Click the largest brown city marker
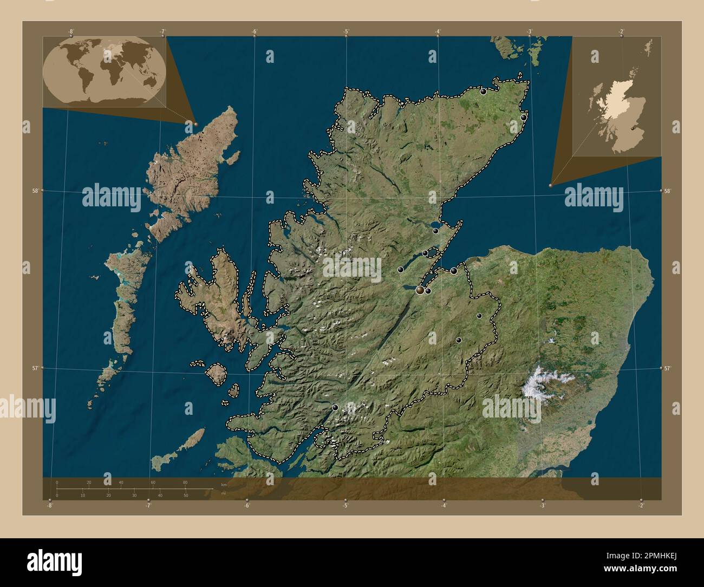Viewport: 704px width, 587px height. [x=420, y=291]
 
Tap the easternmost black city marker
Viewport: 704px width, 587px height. [x=524, y=117]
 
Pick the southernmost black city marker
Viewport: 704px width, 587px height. [x=335, y=407]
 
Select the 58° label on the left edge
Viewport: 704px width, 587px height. [x=35, y=191]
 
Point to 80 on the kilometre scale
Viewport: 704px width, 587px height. [x=185, y=482]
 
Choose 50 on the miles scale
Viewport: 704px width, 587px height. [x=186, y=495]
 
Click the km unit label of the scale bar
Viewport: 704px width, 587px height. [x=223, y=484]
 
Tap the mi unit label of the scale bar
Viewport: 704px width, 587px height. [x=223, y=493]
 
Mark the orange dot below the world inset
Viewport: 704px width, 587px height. [x=196, y=125]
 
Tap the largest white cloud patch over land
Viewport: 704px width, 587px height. [x=544, y=383]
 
